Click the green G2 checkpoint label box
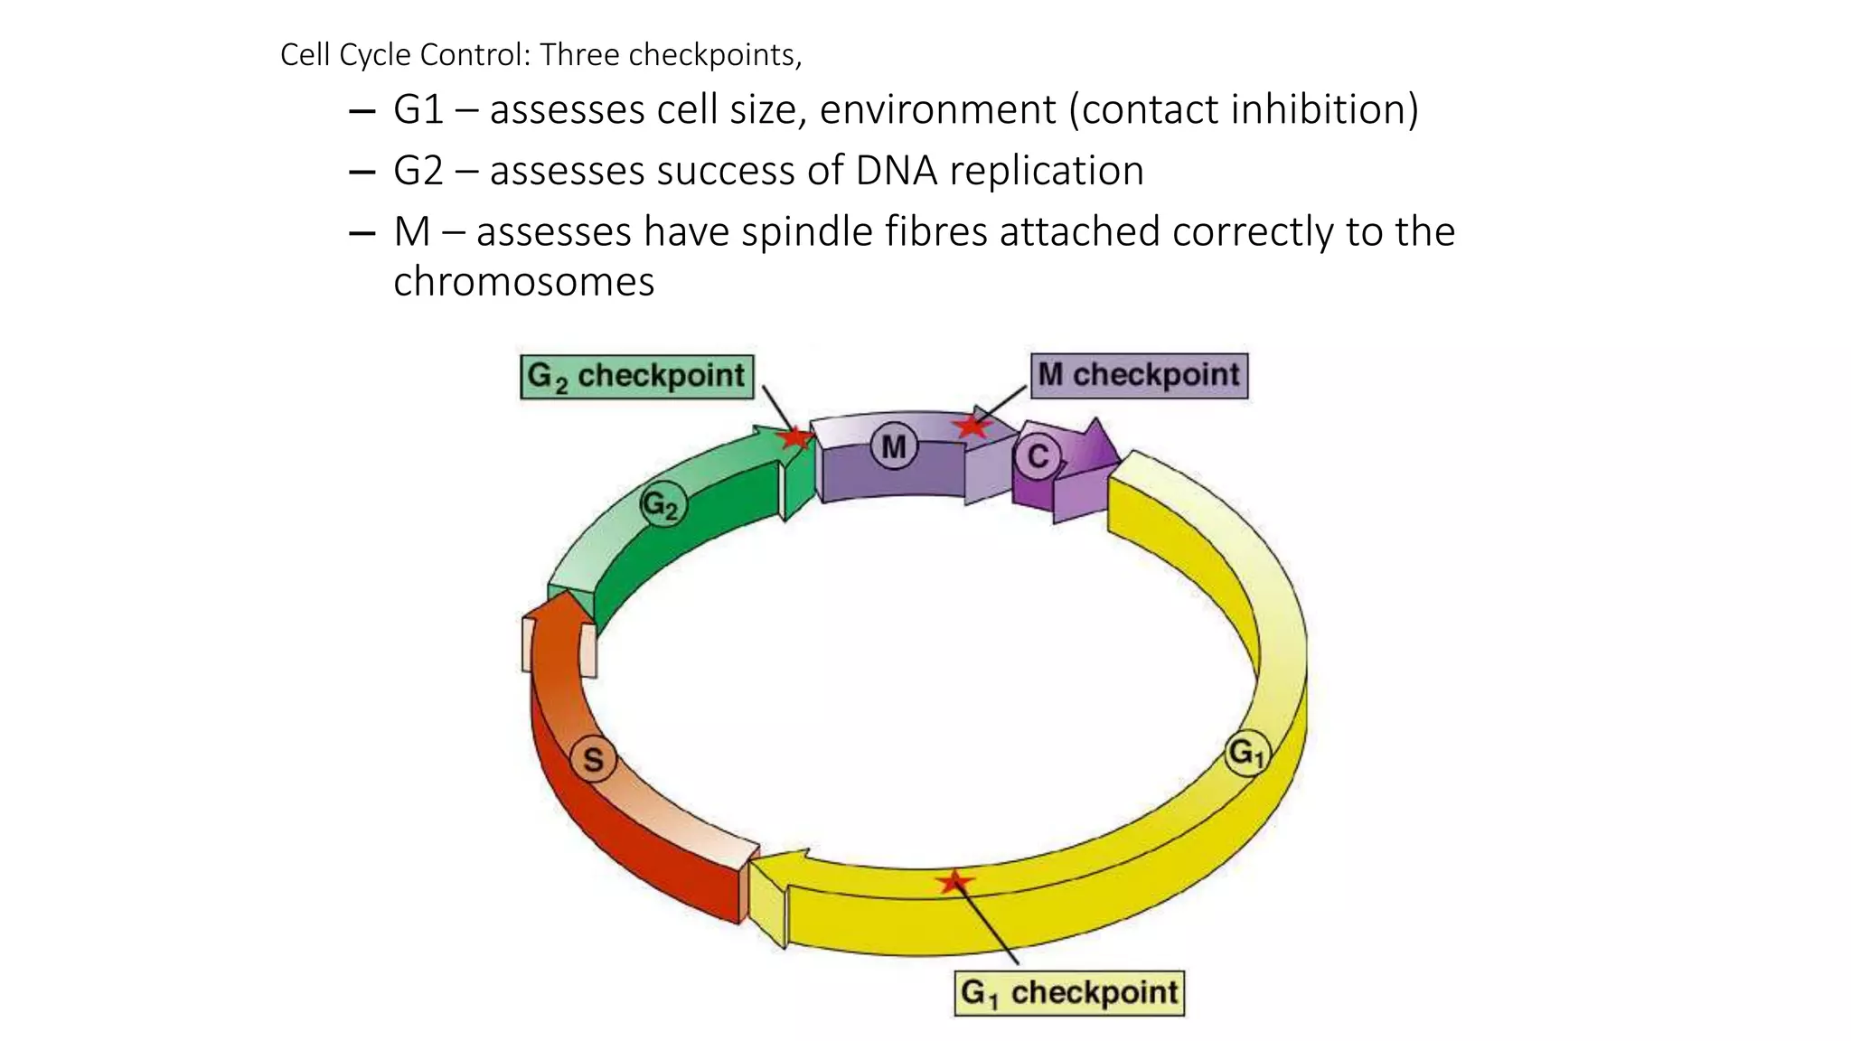(x=636, y=377)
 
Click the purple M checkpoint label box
(x=1139, y=375)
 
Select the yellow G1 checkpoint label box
(x=1069, y=993)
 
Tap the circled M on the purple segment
(x=894, y=447)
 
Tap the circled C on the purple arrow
(x=1038, y=456)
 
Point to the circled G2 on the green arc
(x=662, y=505)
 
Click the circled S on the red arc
(x=593, y=760)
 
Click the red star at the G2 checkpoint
(x=795, y=438)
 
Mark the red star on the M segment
(x=972, y=426)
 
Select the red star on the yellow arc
(x=954, y=882)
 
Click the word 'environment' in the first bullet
(x=937, y=110)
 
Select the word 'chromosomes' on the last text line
(x=523, y=282)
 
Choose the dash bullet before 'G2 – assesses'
(x=362, y=172)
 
